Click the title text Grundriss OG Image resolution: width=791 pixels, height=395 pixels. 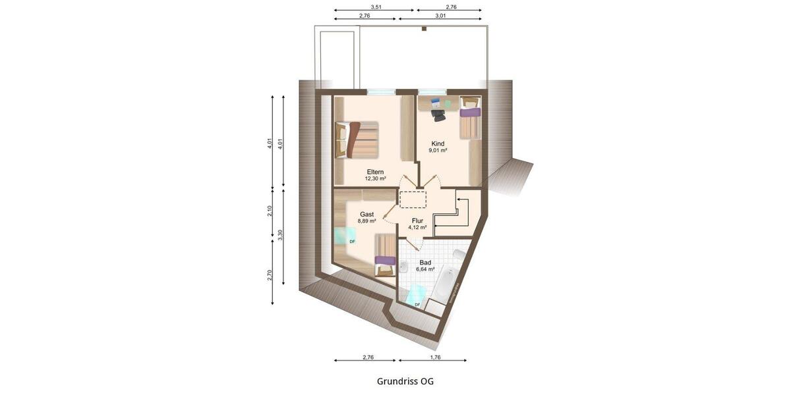coord(405,381)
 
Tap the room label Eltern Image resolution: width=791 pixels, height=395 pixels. coord(376,172)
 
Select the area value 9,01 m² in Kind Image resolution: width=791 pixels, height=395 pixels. coord(438,150)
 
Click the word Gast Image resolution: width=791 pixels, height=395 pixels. coord(367,215)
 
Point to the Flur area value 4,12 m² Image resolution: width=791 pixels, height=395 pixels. coord(417,227)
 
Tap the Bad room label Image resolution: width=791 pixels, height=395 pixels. coord(425,262)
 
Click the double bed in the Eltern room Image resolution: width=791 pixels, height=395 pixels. coord(358,140)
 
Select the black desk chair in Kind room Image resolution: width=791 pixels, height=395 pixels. coord(438,114)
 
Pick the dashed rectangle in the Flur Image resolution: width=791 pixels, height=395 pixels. coord(413,199)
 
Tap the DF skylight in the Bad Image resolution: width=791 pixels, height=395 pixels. coord(416,296)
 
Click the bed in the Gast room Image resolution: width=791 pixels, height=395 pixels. coord(385,256)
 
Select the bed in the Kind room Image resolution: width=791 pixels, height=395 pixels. coord(470,118)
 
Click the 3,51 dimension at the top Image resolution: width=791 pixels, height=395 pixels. coord(376,7)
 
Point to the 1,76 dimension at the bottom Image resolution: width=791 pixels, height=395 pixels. coord(434,357)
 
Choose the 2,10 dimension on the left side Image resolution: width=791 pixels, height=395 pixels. coord(269,212)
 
